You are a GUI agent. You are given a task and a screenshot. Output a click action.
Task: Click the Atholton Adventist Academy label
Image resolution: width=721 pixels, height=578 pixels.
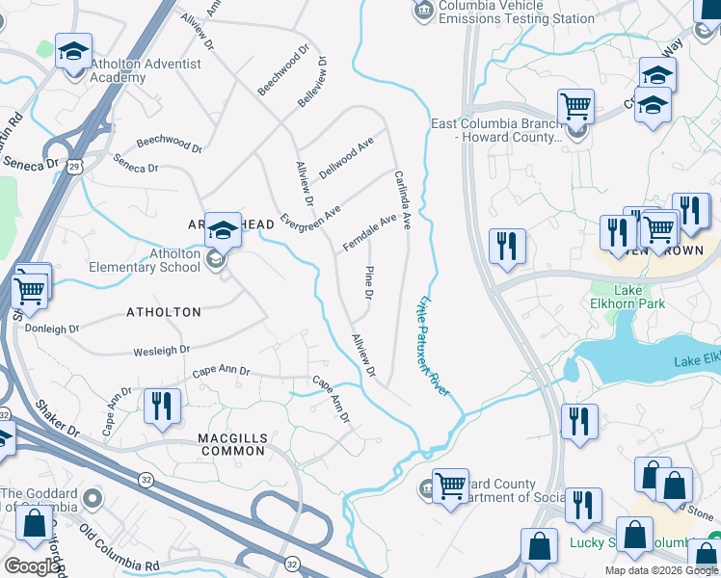click(147, 70)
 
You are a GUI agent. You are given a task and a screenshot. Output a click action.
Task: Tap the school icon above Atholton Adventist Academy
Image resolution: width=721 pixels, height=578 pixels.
click(73, 53)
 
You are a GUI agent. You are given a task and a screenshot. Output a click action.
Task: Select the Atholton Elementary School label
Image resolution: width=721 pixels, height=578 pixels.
click(145, 260)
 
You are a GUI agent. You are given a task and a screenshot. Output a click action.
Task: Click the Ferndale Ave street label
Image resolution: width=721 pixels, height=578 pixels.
click(369, 233)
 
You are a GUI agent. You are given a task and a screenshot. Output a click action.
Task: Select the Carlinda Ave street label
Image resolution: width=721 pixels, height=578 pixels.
click(403, 199)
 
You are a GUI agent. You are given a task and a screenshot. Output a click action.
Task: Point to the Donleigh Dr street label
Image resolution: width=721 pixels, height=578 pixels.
click(52, 328)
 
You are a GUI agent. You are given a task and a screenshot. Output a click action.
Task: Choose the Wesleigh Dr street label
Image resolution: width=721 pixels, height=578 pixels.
click(161, 351)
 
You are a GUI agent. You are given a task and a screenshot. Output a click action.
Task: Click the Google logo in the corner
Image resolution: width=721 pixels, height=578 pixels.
click(32, 566)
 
